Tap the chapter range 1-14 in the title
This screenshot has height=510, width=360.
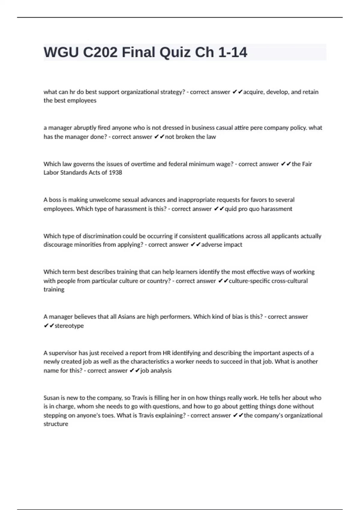[232, 52]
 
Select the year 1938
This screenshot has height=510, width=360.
[115, 172]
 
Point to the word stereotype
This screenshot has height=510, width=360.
[69, 325]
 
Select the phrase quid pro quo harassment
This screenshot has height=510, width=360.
[258, 209]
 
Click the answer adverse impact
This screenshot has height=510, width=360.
[222, 244]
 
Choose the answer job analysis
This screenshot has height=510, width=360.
[156, 370]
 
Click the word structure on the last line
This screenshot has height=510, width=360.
[56, 424]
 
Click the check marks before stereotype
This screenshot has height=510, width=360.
[49, 325]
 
